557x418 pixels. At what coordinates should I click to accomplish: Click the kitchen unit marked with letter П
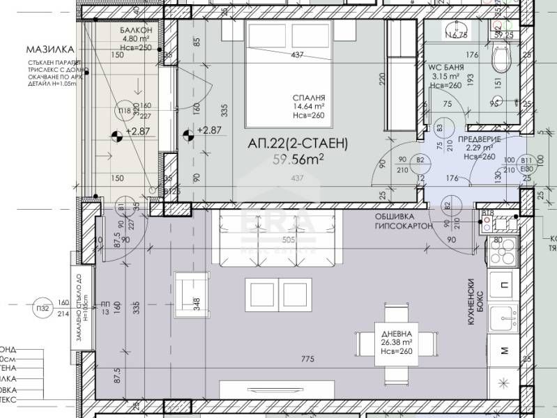pyautogui.click(x=503, y=284)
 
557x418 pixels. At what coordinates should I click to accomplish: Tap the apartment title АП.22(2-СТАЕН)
pyautogui.click(x=298, y=144)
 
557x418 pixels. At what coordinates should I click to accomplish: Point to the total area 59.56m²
pyautogui.click(x=297, y=159)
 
